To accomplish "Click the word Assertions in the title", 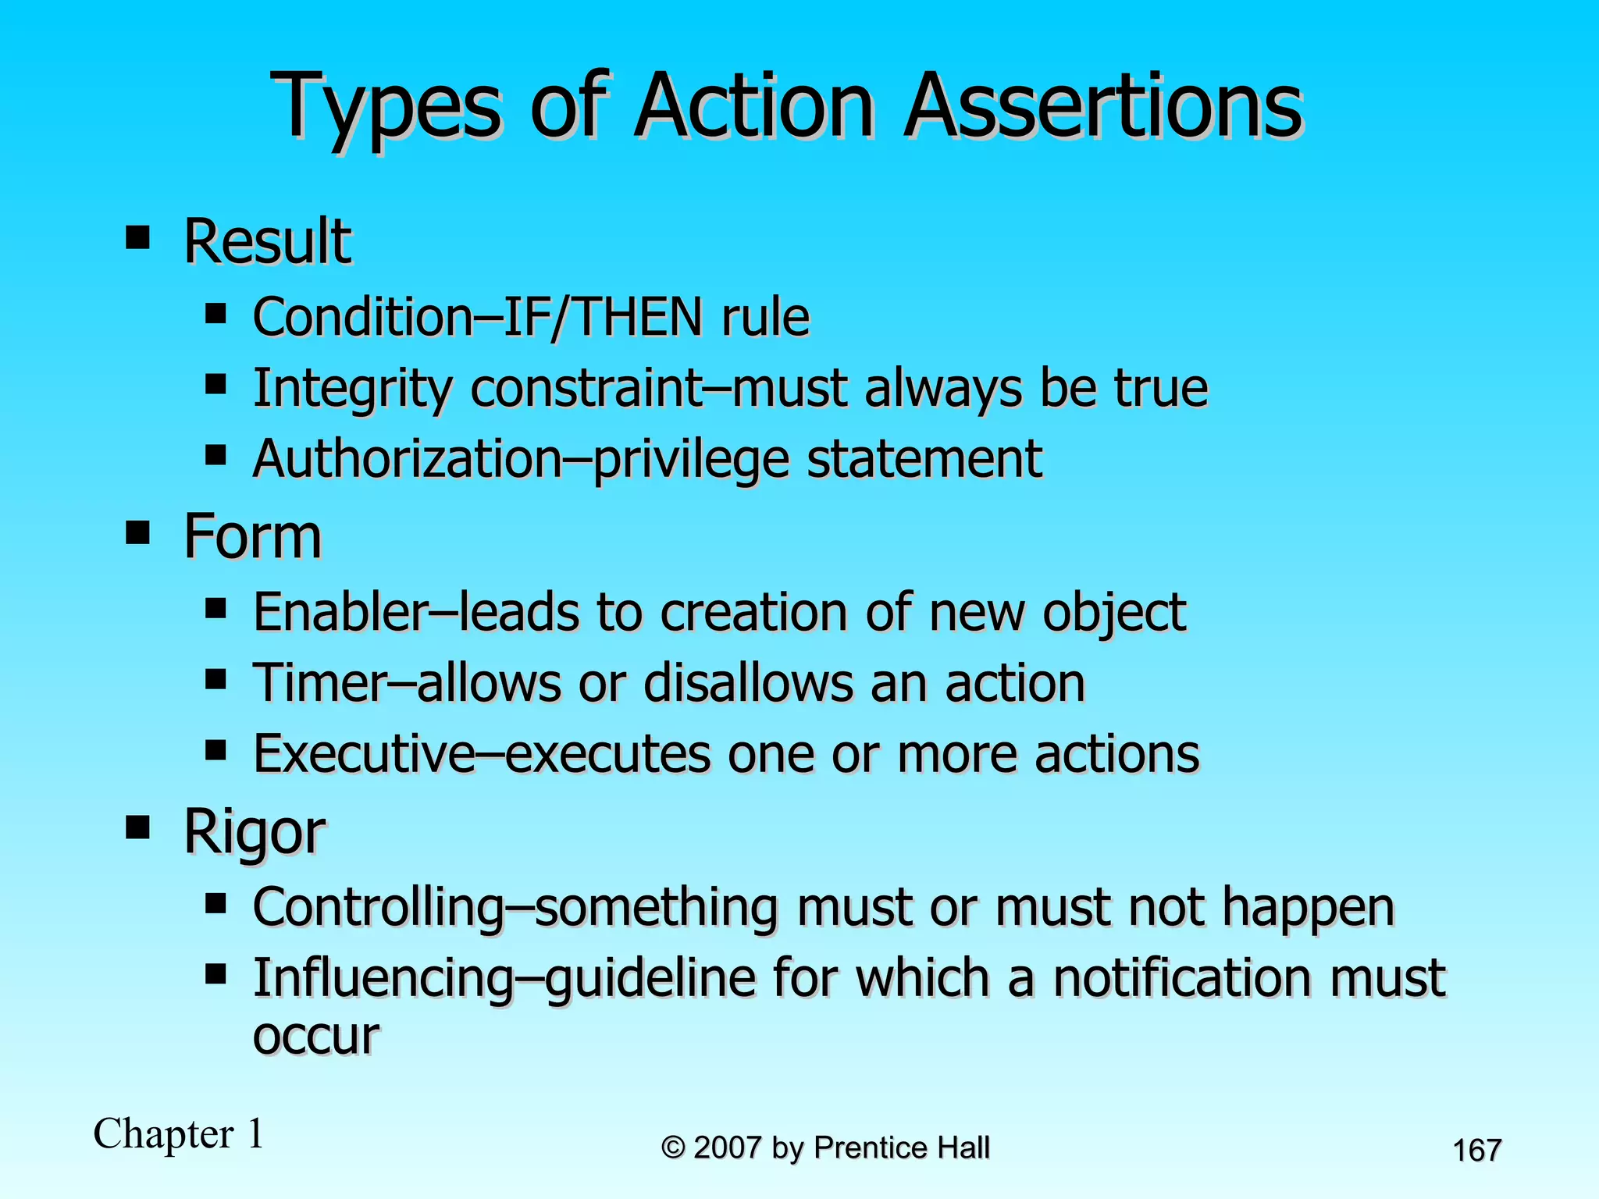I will click(x=1103, y=107).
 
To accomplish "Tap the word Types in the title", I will click(x=386, y=107).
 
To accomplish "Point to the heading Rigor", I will click(x=255, y=832).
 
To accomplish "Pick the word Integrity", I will click(x=352, y=389).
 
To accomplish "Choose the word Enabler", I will click(x=341, y=611).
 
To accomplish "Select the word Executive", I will click(x=364, y=754).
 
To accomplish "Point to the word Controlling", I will click(x=379, y=907).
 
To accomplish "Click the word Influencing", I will click(x=383, y=978).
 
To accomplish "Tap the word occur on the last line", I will click(x=316, y=1037).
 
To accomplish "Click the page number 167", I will click(x=1476, y=1151).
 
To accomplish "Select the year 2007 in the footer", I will click(x=727, y=1147).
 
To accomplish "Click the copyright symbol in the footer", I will click(x=673, y=1148).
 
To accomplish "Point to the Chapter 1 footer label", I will click(x=179, y=1133).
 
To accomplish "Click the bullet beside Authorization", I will click(x=215, y=455).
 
